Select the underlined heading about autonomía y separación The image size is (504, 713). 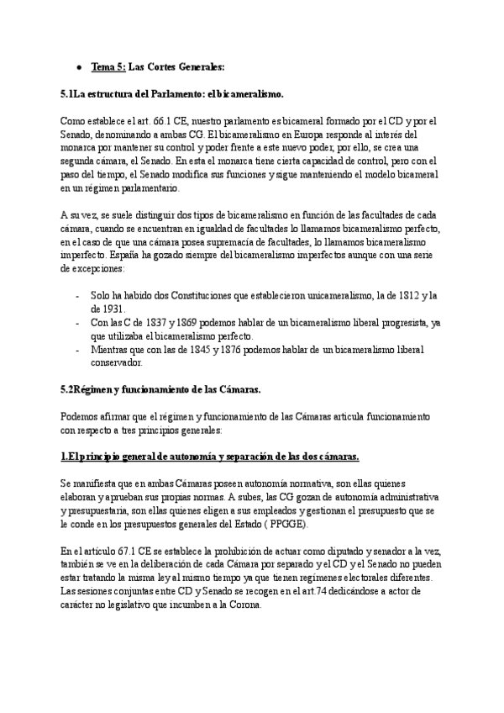tap(211, 457)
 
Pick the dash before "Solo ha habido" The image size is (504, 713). tap(78, 296)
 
